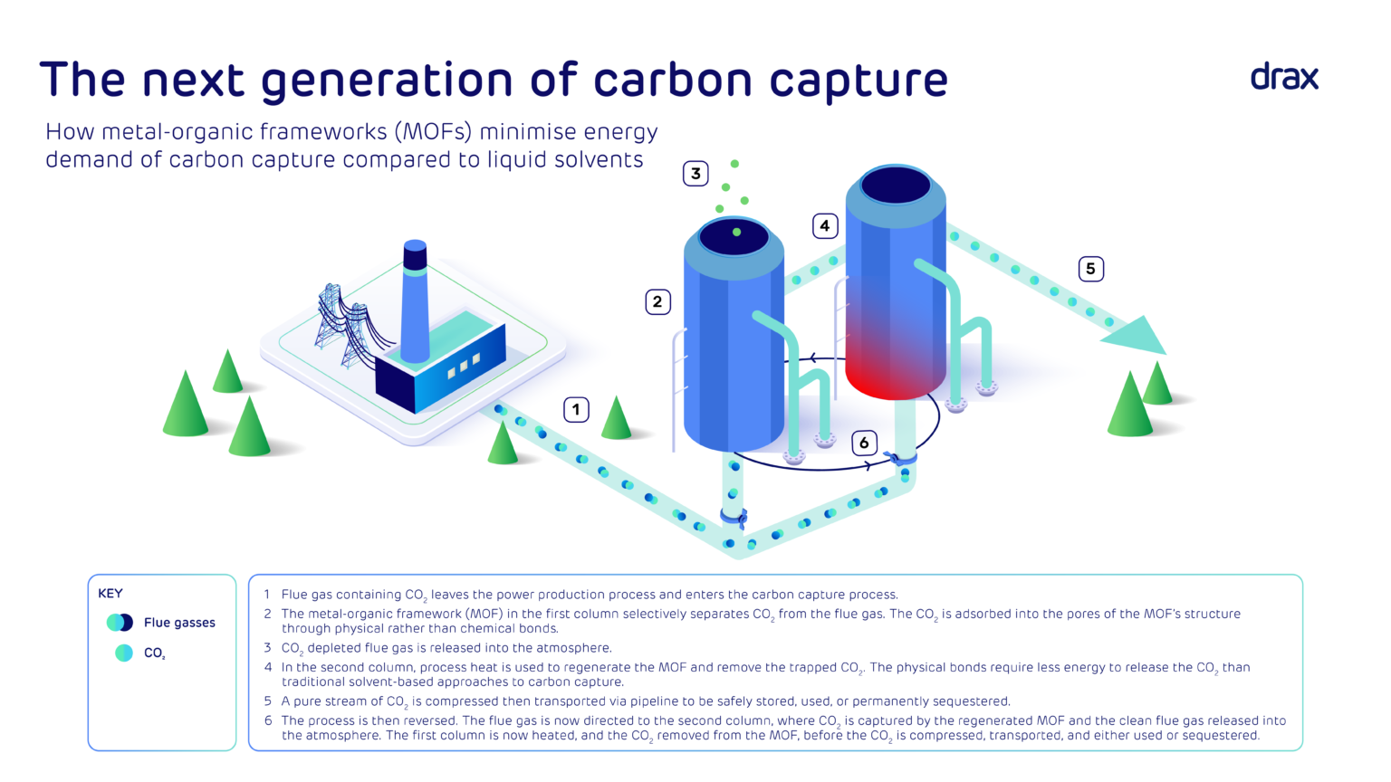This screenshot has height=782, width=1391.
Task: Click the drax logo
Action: (x=1284, y=77)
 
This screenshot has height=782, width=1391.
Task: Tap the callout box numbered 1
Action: (x=576, y=410)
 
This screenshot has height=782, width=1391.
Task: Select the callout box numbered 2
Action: (x=657, y=302)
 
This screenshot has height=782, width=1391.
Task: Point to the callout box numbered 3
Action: (x=695, y=174)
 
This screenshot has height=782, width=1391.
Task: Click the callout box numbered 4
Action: (x=824, y=225)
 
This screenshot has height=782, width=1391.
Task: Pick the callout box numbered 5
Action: (x=1090, y=269)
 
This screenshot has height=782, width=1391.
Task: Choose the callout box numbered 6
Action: (x=864, y=443)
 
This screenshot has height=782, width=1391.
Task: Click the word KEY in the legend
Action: (x=110, y=594)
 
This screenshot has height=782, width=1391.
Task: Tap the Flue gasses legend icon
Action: (x=120, y=623)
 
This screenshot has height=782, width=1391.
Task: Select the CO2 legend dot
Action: (x=124, y=653)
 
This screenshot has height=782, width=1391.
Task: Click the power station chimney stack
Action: (x=415, y=303)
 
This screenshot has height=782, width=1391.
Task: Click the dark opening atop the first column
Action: (x=734, y=236)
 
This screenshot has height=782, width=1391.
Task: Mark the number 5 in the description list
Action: (x=268, y=701)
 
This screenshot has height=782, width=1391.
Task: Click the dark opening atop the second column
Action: (x=896, y=186)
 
